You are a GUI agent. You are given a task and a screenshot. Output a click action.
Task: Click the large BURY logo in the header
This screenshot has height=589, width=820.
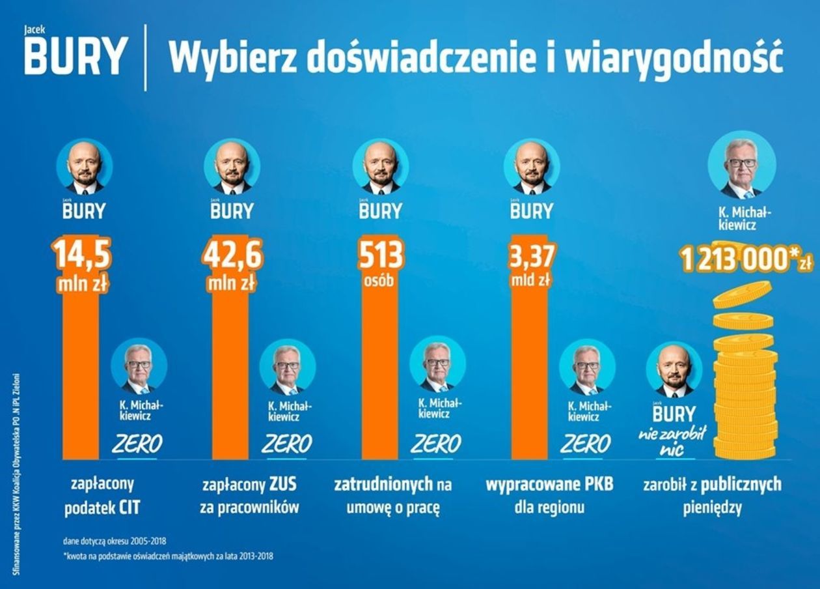point(74,57)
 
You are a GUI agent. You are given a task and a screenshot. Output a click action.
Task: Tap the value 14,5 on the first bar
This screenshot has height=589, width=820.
point(81,255)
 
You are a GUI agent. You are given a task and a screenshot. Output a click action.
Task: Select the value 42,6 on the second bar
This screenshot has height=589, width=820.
point(232,255)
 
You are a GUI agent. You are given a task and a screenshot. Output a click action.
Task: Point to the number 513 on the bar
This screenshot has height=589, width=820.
point(381,255)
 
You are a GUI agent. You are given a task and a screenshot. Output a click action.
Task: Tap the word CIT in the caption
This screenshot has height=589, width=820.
point(129,509)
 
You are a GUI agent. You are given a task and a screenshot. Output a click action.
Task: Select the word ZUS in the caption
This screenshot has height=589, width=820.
point(282,485)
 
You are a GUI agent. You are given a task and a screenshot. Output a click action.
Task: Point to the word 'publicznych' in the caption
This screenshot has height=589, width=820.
point(741,485)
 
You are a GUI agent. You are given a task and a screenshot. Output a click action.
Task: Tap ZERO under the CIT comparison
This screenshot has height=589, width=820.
point(137,444)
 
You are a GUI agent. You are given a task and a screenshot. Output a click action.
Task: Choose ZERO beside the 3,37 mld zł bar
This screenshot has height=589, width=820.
point(585,444)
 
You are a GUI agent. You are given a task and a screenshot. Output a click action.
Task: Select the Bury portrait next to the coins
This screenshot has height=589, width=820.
point(674,370)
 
